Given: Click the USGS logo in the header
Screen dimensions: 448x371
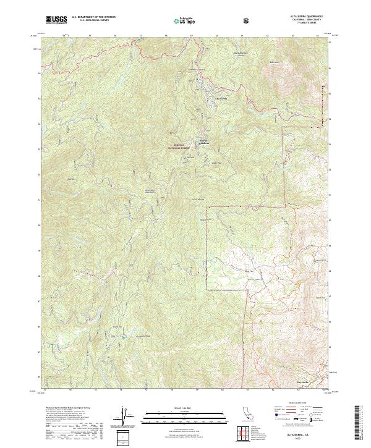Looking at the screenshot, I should point(56,20).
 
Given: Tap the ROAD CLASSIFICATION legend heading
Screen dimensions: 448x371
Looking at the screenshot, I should point(299,403).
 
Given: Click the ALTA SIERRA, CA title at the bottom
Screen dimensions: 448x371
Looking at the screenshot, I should point(299,435).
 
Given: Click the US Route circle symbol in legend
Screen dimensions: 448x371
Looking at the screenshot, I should point(294,420).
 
